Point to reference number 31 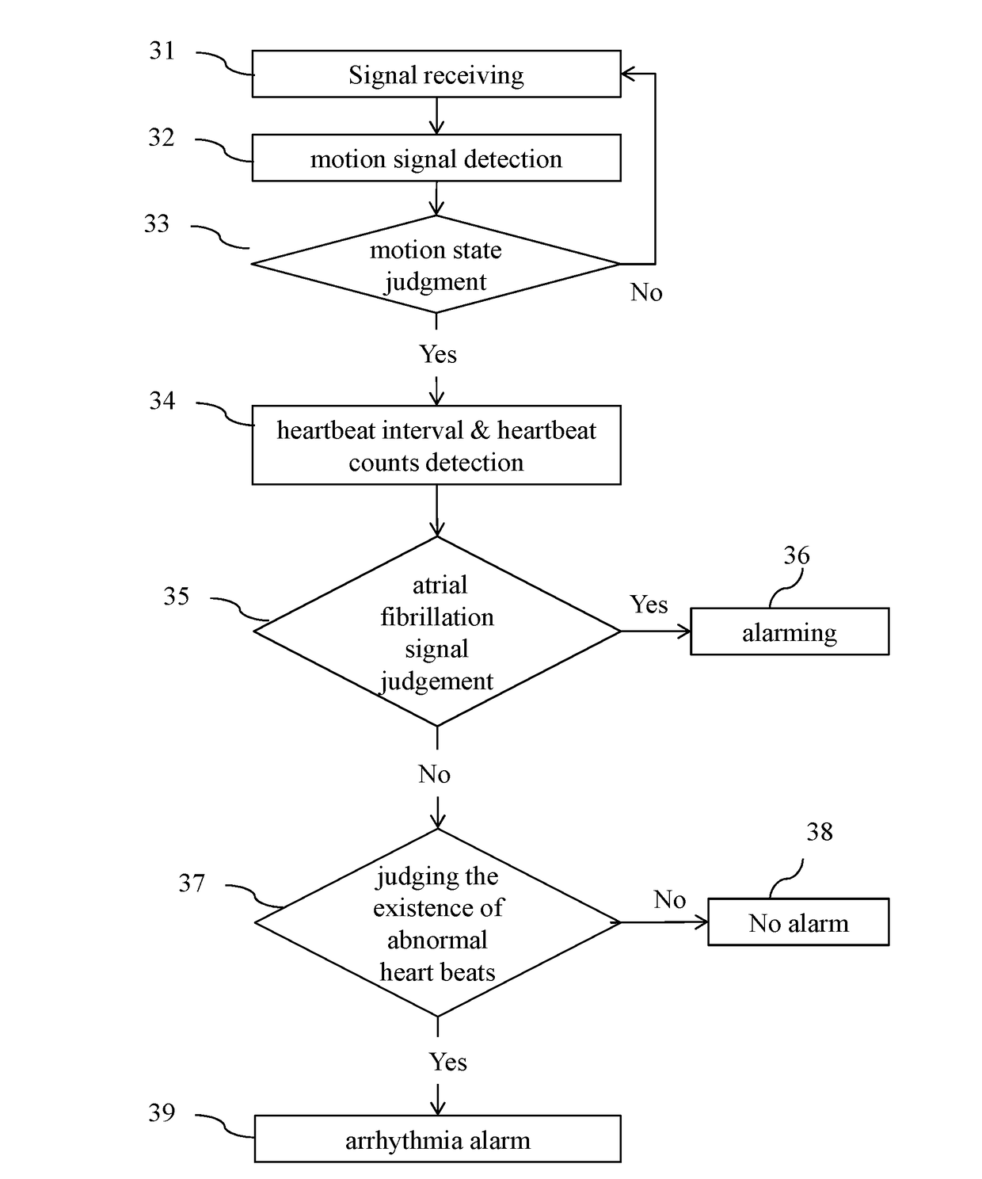[x=162, y=51]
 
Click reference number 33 [x=156, y=223]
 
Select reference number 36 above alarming [x=797, y=555]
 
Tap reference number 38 [x=820, y=832]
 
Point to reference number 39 [x=162, y=1112]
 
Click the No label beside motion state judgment [x=646, y=292]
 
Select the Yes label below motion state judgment [x=438, y=354]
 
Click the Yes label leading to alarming [x=649, y=605]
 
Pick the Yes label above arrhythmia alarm [x=448, y=1062]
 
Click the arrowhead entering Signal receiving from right [x=627, y=74]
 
